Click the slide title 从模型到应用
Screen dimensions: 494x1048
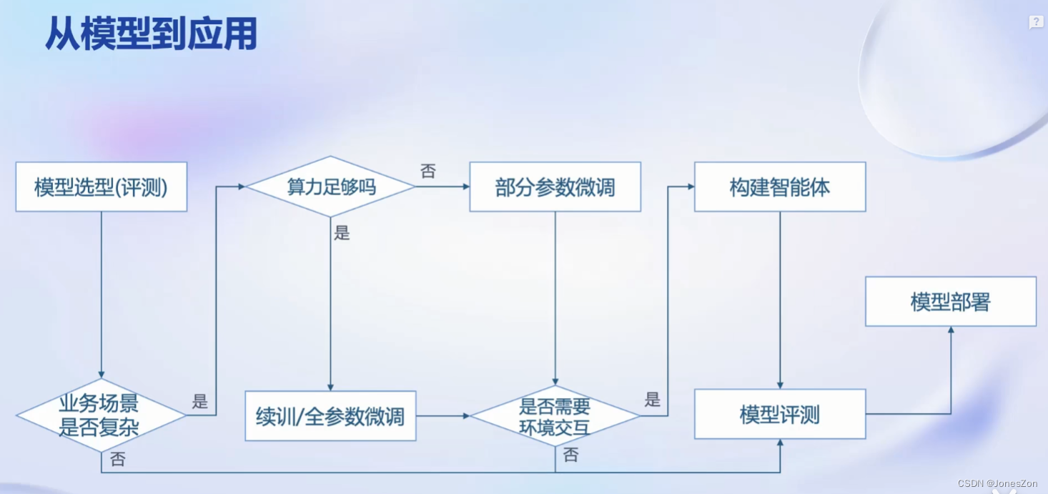click(151, 34)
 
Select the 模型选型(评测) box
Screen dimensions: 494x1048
click(102, 187)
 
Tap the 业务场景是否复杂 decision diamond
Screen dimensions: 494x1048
click(100, 415)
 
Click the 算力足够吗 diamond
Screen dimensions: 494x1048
click(330, 187)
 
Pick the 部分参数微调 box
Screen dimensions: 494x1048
click(555, 187)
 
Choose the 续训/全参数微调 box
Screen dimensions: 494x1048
click(330, 416)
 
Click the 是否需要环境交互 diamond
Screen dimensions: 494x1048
click(555, 416)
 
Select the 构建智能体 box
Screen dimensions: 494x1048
click(780, 187)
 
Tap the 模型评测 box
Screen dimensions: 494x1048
click(780, 415)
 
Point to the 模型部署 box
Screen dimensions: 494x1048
click(951, 302)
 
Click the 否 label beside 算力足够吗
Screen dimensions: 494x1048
click(428, 172)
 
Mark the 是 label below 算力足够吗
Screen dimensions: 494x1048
click(342, 233)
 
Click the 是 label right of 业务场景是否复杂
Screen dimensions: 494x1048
click(199, 402)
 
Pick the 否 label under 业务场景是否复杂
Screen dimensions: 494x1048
click(118, 460)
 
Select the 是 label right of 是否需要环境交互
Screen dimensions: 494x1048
click(652, 400)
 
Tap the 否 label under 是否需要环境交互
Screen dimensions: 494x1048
click(570, 455)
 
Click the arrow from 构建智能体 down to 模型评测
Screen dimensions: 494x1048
click(780, 300)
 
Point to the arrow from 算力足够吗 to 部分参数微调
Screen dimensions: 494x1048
click(442, 187)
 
